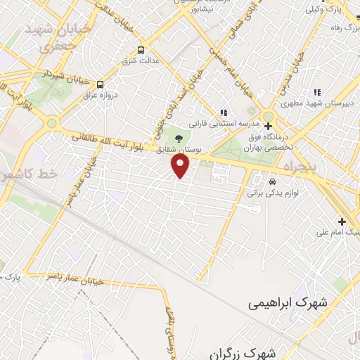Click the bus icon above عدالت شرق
click(141, 50)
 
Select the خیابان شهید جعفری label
click(49, 37)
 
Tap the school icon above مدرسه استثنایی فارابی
click(224, 112)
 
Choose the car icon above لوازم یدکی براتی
click(272, 180)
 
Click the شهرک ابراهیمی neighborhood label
click(289, 303)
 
